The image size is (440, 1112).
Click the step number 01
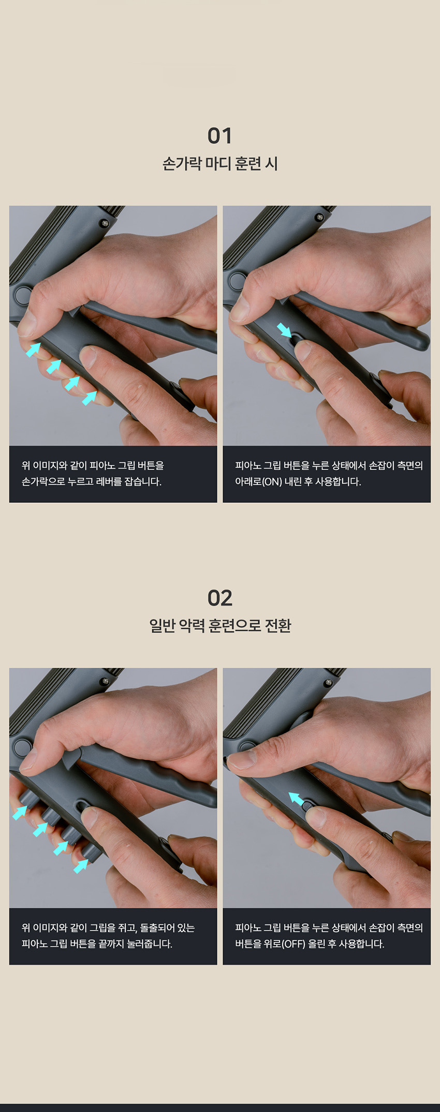219,136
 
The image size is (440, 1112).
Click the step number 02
219,598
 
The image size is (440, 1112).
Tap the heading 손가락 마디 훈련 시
220,164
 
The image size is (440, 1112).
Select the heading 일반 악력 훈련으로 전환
220,626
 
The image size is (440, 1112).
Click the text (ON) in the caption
272,482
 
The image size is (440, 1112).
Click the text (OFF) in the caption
293,944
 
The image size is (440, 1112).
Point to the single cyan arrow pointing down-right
284,330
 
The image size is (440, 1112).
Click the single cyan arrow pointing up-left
296,799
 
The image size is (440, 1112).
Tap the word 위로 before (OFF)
272,944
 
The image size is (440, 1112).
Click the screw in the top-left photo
105,223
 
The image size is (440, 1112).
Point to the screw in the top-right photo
319,218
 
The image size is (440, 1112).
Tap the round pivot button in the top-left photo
23,295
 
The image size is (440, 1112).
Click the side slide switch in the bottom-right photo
307,806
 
